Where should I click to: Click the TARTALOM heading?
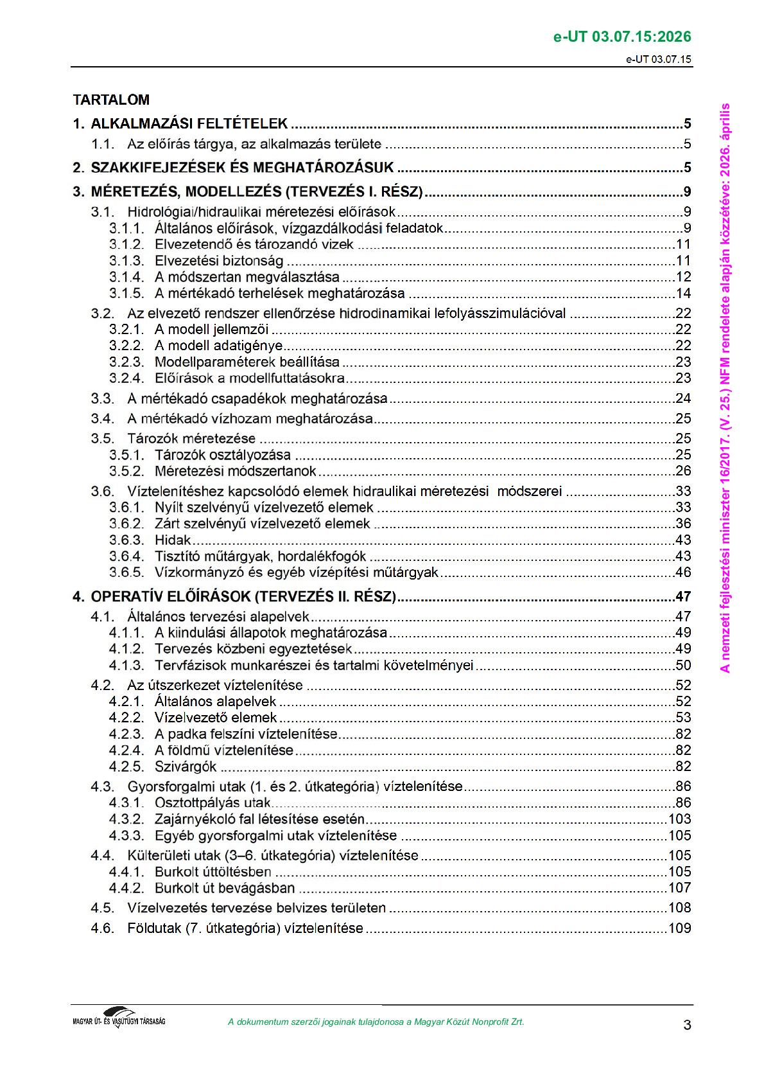click(x=111, y=100)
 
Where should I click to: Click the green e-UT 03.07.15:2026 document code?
click(x=622, y=37)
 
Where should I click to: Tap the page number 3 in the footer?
click(x=687, y=1024)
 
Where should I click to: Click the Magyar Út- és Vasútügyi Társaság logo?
click(x=119, y=1017)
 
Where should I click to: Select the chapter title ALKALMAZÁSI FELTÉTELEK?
click(x=189, y=123)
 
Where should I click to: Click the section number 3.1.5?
click(x=126, y=294)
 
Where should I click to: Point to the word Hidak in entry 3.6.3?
click(x=173, y=540)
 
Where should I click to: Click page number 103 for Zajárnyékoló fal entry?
click(x=679, y=819)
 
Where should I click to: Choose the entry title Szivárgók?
click(x=186, y=767)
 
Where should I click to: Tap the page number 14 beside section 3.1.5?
click(x=683, y=294)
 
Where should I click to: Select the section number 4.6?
click(x=102, y=928)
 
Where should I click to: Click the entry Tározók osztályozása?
click(x=222, y=455)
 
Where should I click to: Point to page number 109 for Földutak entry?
click(x=679, y=928)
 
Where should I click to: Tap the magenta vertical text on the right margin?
click(x=725, y=387)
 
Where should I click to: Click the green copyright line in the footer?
click(x=376, y=1022)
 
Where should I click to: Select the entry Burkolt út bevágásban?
click(x=225, y=888)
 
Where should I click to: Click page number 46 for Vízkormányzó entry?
click(x=683, y=572)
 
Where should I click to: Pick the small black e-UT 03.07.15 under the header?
click(x=659, y=59)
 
